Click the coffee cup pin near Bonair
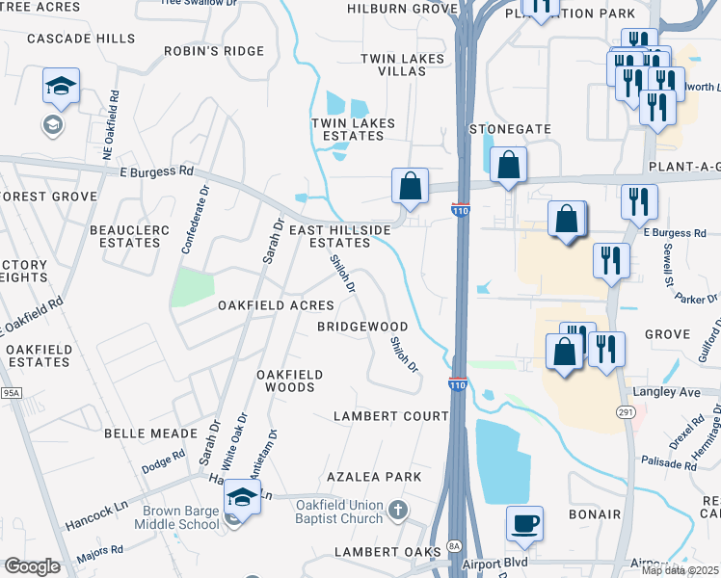524,524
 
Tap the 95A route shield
11,393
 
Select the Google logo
32,566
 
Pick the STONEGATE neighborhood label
510,128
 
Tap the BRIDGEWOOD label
363,327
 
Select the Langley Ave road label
665,392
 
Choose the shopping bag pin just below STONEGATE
508,165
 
